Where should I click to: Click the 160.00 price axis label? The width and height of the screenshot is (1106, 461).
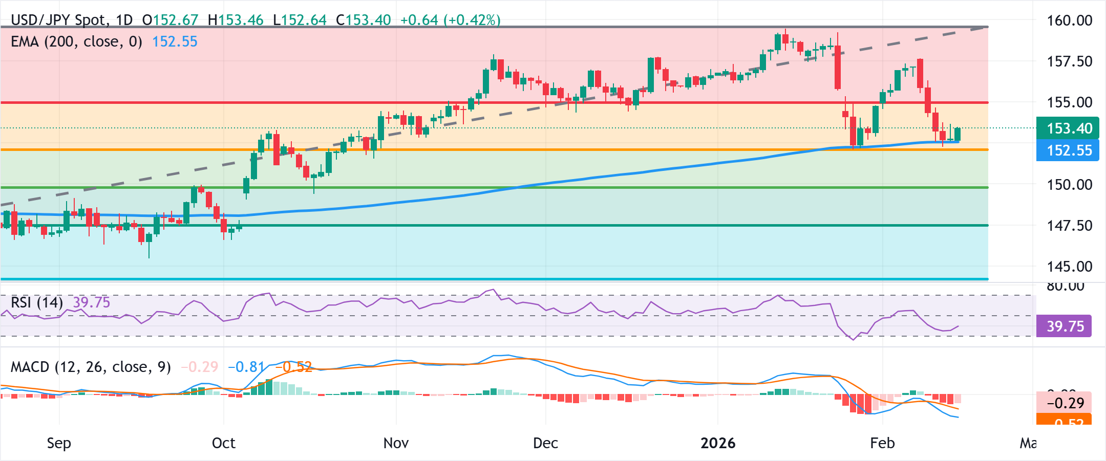point(1069,20)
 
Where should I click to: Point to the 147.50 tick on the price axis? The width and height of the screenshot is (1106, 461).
point(1069,226)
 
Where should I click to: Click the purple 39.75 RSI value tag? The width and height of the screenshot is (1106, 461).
point(1065,326)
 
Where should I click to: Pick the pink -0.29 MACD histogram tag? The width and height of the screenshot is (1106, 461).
point(1065,403)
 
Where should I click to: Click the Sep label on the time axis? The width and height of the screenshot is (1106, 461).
point(59,443)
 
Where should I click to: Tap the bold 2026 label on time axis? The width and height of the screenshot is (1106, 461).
point(718,443)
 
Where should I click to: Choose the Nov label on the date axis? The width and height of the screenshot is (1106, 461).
point(396,443)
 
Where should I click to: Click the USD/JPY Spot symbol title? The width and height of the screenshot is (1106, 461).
point(59,20)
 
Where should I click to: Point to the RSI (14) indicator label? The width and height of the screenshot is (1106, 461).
point(37,302)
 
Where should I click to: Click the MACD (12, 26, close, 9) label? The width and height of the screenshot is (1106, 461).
point(91,367)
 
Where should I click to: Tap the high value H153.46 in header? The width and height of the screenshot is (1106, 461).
point(236,20)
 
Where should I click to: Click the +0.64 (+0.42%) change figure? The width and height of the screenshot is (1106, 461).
point(450,20)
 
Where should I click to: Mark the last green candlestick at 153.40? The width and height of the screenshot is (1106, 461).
point(958,134)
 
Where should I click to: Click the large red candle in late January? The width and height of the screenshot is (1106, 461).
point(838,68)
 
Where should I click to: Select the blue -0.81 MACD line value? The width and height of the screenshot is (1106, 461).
point(246,367)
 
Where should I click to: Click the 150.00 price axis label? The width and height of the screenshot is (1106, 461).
point(1069,185)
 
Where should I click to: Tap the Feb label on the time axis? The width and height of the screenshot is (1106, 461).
point(882,443)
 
